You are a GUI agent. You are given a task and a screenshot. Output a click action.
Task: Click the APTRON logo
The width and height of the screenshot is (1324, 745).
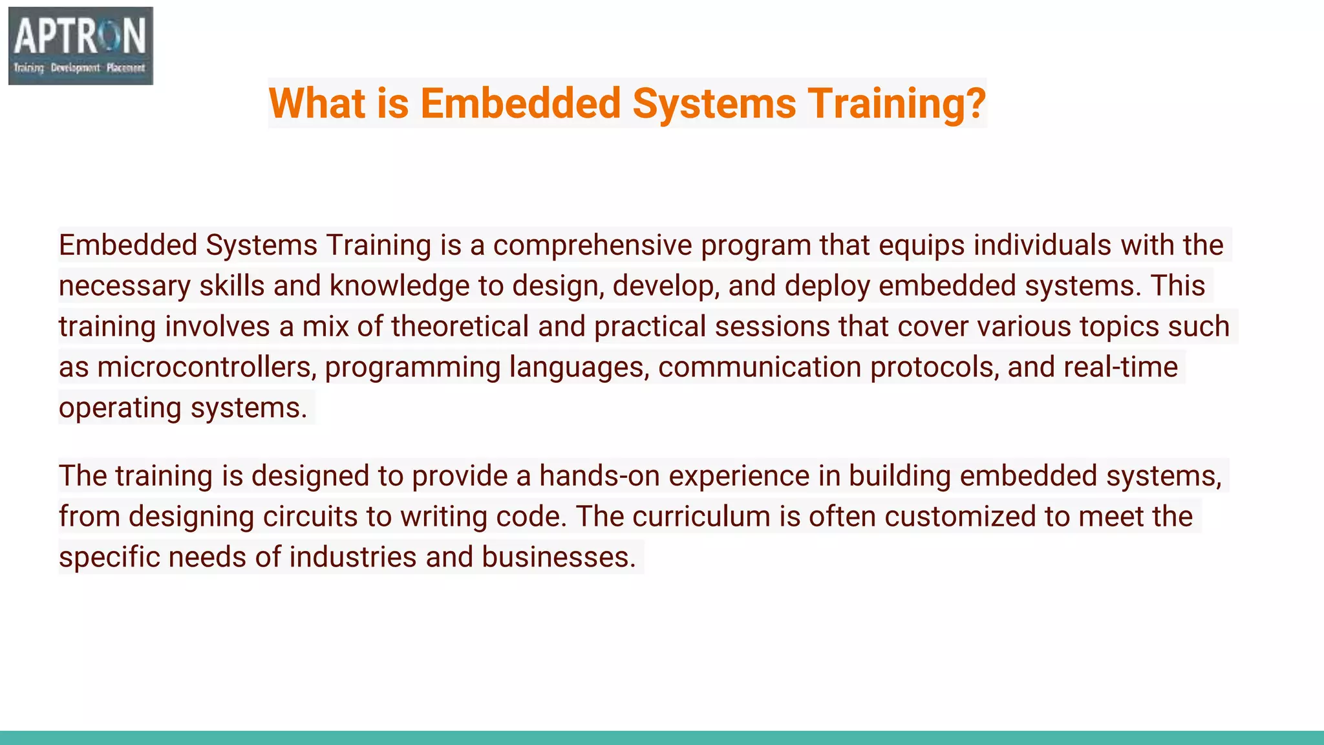click(81, 46)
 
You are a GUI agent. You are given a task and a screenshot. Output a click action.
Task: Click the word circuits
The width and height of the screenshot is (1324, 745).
click(310, 517)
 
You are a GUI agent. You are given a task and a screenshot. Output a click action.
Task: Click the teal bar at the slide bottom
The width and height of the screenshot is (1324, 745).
click(662, 738)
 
